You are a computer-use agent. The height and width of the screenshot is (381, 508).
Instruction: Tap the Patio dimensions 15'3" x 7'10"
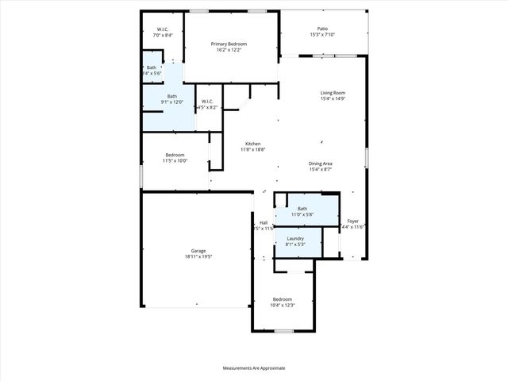click(x=321, y=34)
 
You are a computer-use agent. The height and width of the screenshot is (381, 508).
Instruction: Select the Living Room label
click(x=333, y=93)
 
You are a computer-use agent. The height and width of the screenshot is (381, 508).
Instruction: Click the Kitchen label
click(x=252, y=143)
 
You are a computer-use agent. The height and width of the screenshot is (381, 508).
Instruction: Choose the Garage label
click(x=198, y=250)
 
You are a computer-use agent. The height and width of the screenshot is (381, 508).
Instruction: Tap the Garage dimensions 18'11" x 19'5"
click(x=198, y=256)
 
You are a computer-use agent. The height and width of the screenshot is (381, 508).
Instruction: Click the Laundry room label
click(x=296, y=238)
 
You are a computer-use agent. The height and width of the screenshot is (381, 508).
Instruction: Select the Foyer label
click(x=352, y=221)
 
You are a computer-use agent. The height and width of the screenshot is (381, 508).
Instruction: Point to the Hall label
click(x=264, y=222)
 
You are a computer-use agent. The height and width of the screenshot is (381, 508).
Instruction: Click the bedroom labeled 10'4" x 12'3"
click(x=283, y=299)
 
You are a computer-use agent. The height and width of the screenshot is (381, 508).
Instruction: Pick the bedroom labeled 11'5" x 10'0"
click(x=175, y=154)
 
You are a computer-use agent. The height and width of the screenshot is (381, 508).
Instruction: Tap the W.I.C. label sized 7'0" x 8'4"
click(x=162, y=29)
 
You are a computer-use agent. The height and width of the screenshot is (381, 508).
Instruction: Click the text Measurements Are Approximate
click(x=254, y=368)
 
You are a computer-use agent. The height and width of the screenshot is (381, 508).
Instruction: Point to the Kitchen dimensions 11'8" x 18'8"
click(x=252, y=149)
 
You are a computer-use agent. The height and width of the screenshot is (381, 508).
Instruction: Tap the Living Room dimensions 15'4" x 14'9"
click(x=333, y=99)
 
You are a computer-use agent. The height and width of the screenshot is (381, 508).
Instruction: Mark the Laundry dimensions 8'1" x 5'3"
click(x=296, y=244)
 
